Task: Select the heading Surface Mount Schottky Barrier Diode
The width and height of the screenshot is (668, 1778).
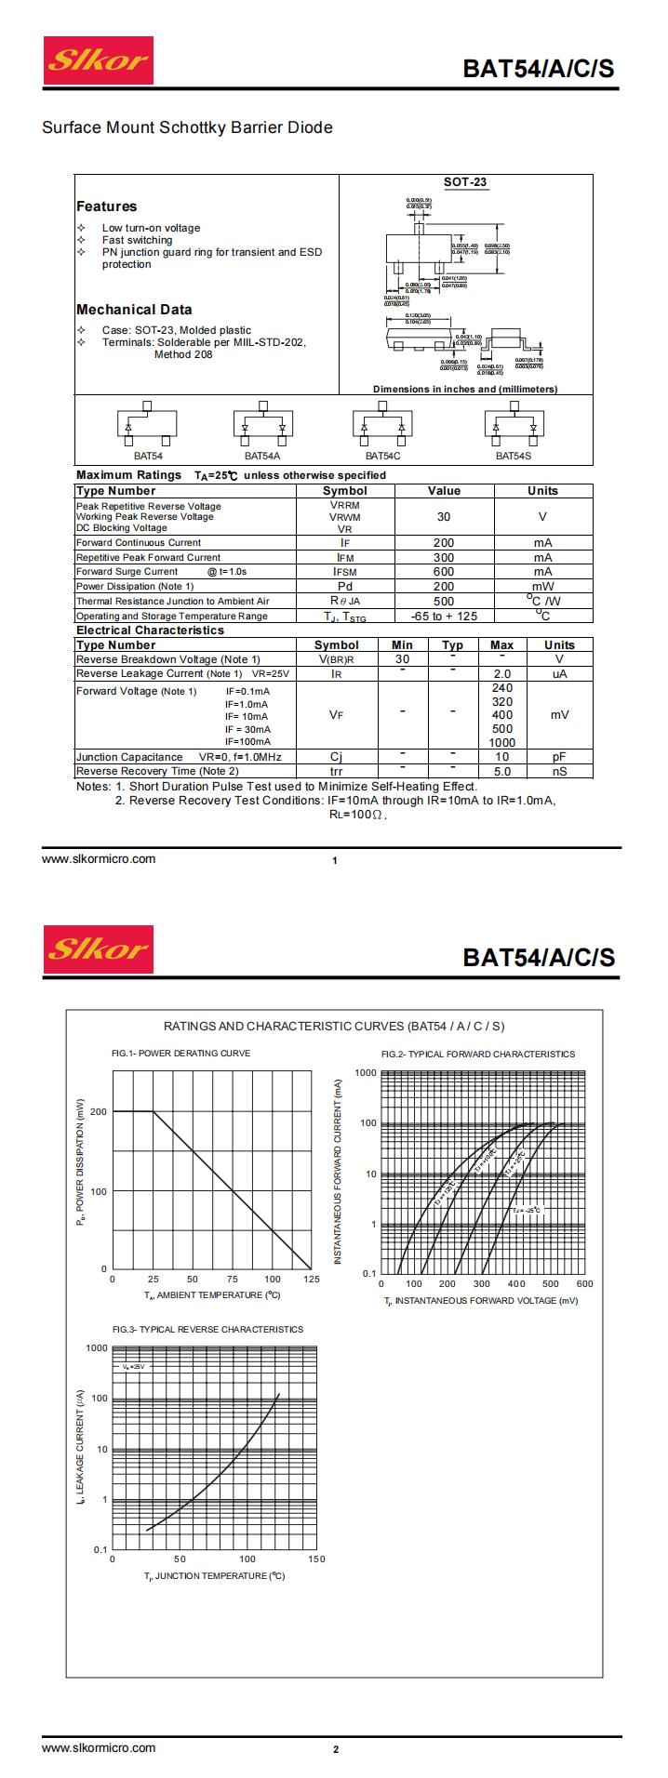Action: [x=187, y=127]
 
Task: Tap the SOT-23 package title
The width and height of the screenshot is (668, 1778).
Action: [x=465, y=182]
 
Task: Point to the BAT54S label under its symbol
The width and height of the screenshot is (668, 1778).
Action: [x=513, y=456]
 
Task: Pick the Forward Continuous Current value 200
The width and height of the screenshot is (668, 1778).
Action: [x=444, y=542]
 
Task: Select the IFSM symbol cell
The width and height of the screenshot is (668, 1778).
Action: [x=345, y=572]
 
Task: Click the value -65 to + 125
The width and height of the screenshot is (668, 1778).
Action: [x=444, y=616]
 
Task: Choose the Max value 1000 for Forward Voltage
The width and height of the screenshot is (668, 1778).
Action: [x=502, y=742]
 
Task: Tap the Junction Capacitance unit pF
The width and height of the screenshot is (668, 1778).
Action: [x=559, y=757]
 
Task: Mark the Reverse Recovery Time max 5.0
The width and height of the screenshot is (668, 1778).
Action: [x=502, y=771]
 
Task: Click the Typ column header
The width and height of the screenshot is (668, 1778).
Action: [x=452, y=644]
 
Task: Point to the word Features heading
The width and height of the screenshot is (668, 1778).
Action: [x=106, y=206]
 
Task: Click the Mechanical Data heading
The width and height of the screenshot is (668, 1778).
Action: [x=134, y=310]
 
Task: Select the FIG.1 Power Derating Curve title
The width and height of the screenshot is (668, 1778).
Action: [x=180, y=1054]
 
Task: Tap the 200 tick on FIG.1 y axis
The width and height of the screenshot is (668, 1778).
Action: [x=98, y=1111]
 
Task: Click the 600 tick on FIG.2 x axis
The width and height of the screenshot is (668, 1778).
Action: [x=584, y=1284]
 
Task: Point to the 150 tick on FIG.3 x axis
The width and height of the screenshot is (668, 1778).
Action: [x=316, y=1559]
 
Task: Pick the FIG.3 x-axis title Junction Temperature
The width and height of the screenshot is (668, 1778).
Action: [x=214, y=1576]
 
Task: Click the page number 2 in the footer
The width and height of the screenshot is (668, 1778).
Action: [x=336, y=1749]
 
